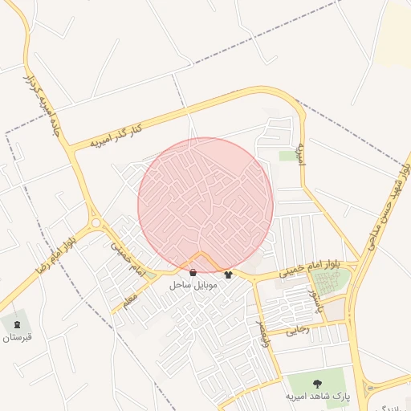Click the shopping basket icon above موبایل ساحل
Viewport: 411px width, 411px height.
(x=193, y=272)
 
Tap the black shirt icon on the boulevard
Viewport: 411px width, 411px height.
(x=229, y=275)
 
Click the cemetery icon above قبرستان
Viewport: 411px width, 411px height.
(x=18, y=324)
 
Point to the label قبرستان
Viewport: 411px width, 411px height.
(x=17, y=337)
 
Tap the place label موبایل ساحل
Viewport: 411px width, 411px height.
(x=189, y=285)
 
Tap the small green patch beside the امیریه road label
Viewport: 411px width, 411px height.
(x=288, y=155)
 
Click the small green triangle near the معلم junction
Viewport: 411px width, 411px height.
(x=150, y=277)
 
